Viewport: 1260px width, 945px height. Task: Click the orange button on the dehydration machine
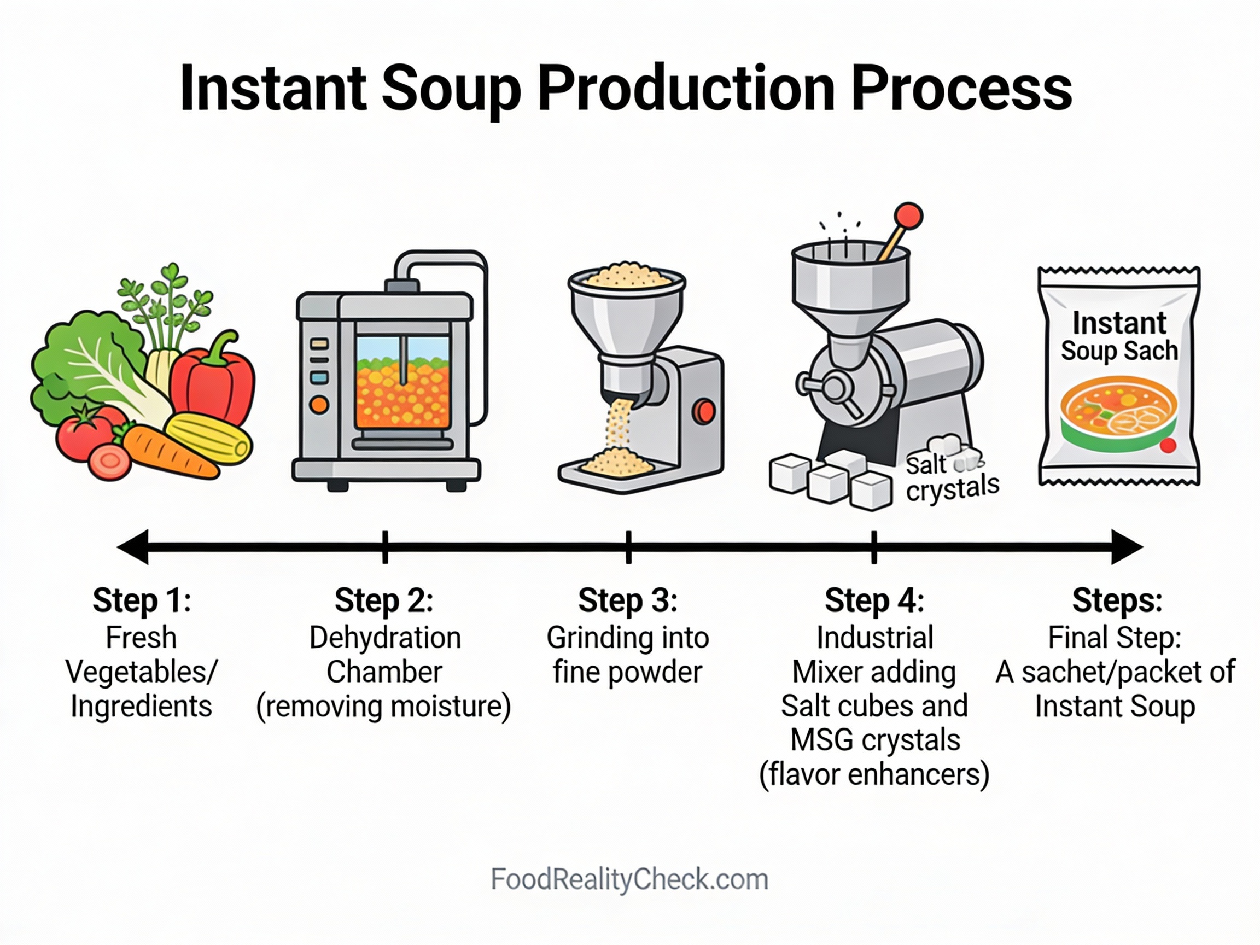[x=318, y=405]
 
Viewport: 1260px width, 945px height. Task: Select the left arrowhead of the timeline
[x=133, y=547]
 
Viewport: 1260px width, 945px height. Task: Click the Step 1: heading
[x=141, y=600]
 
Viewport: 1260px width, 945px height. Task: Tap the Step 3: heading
[x=628, y=600]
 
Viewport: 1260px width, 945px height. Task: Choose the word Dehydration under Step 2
[x=385, y=638]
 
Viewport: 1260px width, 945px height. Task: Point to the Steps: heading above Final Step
[x=1117, y=600]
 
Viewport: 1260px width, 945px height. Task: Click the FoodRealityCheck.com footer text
[x=629, y=879]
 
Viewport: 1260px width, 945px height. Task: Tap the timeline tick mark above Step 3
[x=628, y=547]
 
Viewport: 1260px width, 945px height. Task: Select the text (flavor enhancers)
[x=874, y=775]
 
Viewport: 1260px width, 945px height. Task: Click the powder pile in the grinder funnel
[x=627, y=276]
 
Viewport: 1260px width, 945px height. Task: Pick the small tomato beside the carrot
[x=109, y=462]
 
